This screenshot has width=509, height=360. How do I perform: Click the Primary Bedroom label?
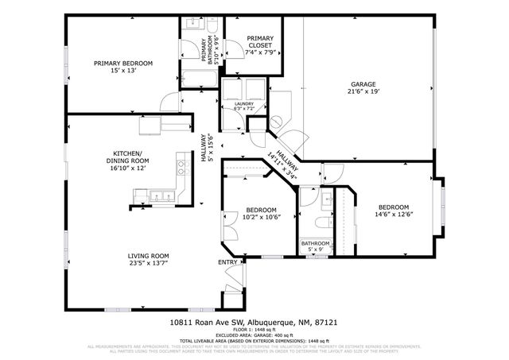pos(123,63)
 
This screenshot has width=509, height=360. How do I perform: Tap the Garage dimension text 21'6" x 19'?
pos(363,92)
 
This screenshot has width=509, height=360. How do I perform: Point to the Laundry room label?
pos(243,105)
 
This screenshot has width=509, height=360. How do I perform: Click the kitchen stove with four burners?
pos(182,167)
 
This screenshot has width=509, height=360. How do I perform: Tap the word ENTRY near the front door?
pos(227,262)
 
